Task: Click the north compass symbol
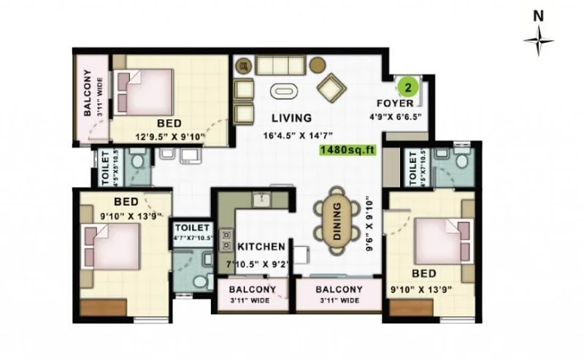point(538,40)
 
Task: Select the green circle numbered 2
point(409,87)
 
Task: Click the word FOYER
point(395,103)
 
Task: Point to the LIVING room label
point(291,118)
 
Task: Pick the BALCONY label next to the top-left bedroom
point(87,93)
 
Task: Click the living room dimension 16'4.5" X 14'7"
point(292,135)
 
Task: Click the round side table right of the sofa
point(317,64)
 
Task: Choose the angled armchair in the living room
point(333,88)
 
